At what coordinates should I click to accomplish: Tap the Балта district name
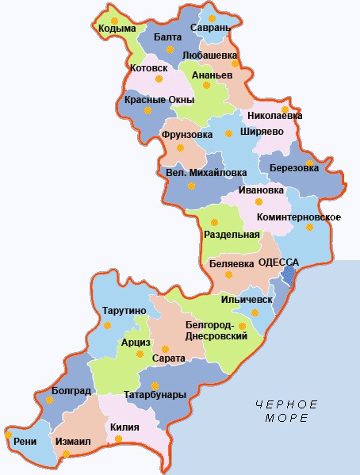point(167,37)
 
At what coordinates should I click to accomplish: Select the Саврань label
point(210,28)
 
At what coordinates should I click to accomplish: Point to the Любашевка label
point(210,55)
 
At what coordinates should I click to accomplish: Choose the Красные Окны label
point(156,99)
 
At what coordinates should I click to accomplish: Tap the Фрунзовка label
point(187,135)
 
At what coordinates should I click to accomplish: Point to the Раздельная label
point(232,234)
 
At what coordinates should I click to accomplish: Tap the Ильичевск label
point(248,300)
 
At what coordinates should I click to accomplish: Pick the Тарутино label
point(123,310)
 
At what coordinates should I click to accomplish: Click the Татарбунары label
point(155,394)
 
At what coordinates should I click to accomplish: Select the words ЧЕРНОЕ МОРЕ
point(286,411)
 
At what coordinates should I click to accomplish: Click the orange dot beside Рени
point(9,435)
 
